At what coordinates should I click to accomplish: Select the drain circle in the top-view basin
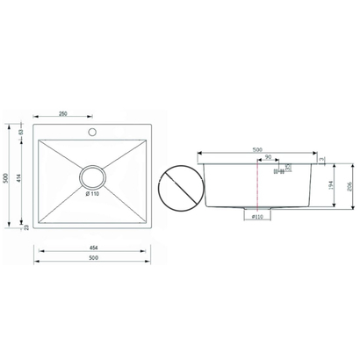91,176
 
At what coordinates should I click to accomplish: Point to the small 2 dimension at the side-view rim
322,159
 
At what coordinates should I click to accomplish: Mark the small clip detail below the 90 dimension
280,171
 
